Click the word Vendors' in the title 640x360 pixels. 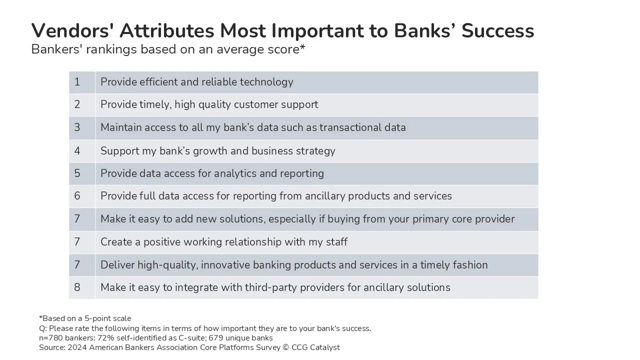tap(70, 30)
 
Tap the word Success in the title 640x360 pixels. tap(497, 30)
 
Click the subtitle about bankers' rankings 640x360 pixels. tap(168, 49)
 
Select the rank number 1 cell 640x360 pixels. tap(82, 82)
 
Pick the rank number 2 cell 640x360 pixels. tap(82, 105)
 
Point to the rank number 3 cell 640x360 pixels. tap(82, 127)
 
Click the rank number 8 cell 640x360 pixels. tap(82, 287)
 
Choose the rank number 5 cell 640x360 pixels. tap(82, 173)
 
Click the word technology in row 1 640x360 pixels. tap(266, 82)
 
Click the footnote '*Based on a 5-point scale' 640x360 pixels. tap(85, 318)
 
